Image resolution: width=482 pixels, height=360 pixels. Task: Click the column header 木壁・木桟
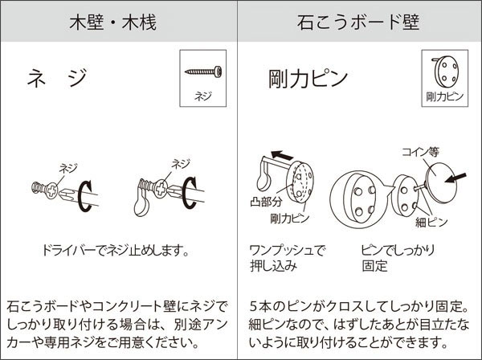coord(120,22)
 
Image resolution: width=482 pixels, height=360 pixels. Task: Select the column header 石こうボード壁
coord(359,22)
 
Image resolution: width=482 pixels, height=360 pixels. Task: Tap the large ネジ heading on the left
coord(56,79)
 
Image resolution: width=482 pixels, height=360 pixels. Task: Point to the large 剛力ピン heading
coord(308,80)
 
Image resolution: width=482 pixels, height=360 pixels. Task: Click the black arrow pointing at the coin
coord(460,173)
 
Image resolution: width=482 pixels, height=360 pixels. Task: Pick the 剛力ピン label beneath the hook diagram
coord(290,217)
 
